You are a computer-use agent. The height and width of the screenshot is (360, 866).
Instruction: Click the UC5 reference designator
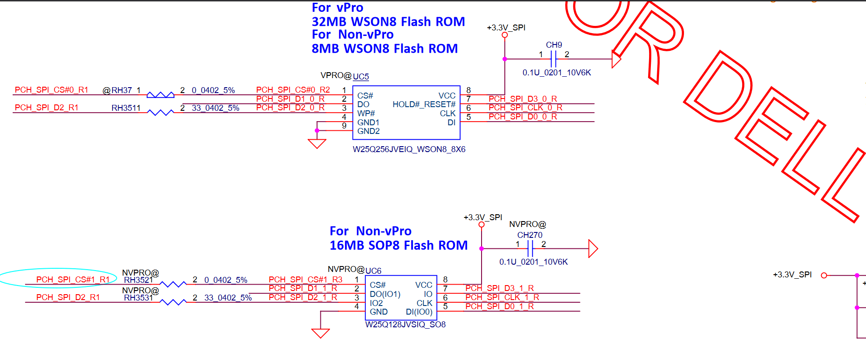[x=361, y=77]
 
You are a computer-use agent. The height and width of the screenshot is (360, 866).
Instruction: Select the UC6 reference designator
[x=373, y=271]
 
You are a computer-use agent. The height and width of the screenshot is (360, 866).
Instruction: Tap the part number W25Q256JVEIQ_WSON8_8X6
[x=409, y=149]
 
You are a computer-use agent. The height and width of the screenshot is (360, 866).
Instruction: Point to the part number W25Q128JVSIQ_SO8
[x=405, y=325]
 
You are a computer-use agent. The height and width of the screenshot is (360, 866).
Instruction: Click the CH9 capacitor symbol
[x=553, y=59]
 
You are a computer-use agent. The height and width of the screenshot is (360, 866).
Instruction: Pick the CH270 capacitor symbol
[x=530, y=249]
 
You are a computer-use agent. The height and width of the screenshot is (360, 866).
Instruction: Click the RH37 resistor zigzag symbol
[x=160, y=95]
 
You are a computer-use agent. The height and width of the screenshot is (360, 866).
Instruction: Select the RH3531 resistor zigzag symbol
[x=173, y=302]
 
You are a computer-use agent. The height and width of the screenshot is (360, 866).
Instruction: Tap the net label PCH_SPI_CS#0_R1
[x=51, y=90]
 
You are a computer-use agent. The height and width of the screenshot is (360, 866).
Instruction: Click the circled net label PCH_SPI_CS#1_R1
[x=73, y=280]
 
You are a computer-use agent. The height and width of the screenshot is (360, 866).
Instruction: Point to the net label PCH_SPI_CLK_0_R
[x=525, y=108]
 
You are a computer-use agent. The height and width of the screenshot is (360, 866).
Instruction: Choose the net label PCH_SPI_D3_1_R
[x=499, y=288]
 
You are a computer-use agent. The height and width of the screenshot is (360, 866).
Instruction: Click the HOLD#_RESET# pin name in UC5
[x=424, y=104]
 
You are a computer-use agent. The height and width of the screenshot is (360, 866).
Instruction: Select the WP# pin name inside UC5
[x=366, y=113]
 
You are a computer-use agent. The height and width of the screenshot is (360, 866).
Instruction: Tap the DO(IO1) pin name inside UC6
[x=385, y=294]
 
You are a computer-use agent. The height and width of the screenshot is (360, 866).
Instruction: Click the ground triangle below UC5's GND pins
[x=317, y=144]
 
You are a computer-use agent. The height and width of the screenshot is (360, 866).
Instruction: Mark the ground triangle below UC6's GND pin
[x=320, y=334]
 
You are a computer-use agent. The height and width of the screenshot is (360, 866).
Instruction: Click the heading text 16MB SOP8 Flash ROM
[x=398, y=246]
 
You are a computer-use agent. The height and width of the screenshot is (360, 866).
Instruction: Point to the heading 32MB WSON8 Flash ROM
[x=388, y=22]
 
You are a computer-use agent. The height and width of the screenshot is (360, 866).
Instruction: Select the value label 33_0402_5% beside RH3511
[x=215, y=108]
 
